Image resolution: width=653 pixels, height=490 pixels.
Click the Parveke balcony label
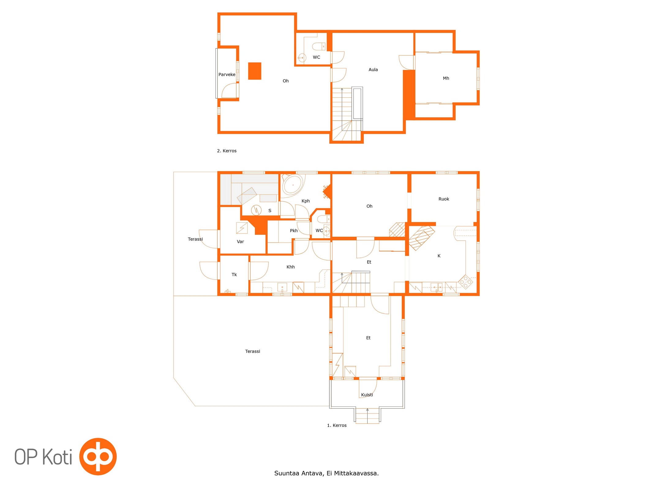coord(227,74)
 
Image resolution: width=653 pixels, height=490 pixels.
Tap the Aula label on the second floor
coord(373,70)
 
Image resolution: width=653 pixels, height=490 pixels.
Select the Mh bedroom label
coord(446,78)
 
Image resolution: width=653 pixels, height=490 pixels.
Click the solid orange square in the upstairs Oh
coord(255,71)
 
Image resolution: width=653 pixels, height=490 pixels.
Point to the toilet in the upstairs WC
coord(319,47)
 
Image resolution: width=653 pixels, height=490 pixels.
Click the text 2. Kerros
coord(227,151)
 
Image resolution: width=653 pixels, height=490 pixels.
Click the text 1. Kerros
coord(337,425)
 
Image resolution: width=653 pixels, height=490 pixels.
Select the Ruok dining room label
coord(444,199)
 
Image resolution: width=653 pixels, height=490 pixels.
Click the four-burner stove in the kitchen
coord(465,282)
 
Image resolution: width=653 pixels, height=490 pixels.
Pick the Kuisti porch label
coord(367,395)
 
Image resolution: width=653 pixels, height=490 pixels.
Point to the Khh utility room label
coord(291,267)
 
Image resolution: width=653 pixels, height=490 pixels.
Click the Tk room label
coord(234,274)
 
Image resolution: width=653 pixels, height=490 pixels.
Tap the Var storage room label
coord(240,242)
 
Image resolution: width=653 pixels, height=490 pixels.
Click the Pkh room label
coord(294,231)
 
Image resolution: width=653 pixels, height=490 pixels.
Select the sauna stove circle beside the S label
coord(256,210)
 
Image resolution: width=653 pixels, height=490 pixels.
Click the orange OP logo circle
coord(98,457)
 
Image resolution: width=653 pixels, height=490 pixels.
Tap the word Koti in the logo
coord(57,457)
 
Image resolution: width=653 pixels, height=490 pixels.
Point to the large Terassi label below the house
coord(253,351)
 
